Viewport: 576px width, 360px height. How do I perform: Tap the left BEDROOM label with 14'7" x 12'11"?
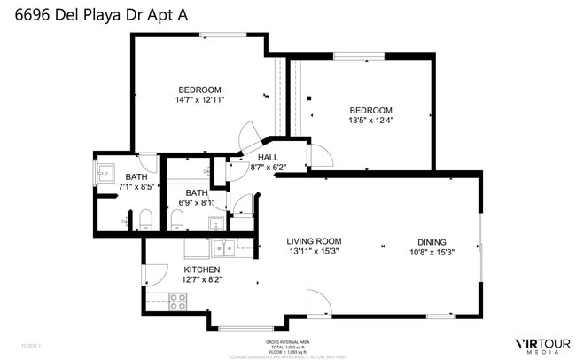199,90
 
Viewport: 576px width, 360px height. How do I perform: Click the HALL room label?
268,157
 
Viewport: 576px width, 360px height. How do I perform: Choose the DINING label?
432,241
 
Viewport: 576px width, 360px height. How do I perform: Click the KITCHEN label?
201,270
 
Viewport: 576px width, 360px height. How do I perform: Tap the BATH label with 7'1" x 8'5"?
136,176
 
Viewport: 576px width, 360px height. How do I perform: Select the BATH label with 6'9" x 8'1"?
196,193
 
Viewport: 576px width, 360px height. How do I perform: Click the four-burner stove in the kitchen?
177,301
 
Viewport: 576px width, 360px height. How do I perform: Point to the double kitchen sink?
222,247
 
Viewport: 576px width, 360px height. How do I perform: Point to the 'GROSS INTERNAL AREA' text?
288,341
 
